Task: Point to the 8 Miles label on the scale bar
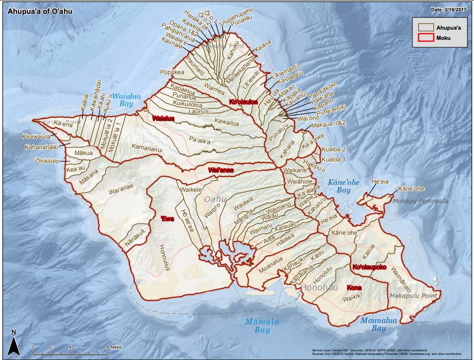114,347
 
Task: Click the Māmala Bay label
262,325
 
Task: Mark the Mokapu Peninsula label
419,201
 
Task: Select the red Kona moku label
354,287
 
